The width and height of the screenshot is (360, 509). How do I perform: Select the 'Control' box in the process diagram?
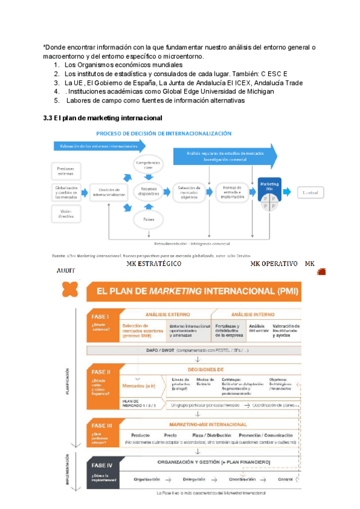pyautogui.click(x=311, y=192)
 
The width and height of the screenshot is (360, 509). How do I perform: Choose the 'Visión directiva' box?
pyautogui.click(x=65, y=211)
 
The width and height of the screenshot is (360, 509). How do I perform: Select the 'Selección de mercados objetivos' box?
pyautogui.click(x=188, y=192)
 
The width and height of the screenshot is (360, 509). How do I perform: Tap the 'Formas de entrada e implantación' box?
pyautogui.click(x=230, y=192)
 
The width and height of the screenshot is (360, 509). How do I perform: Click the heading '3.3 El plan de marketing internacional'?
pyautogui.click(x=103, y=117)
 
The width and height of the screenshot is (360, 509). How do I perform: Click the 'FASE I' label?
pyautogui.click(x=100, y=316)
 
